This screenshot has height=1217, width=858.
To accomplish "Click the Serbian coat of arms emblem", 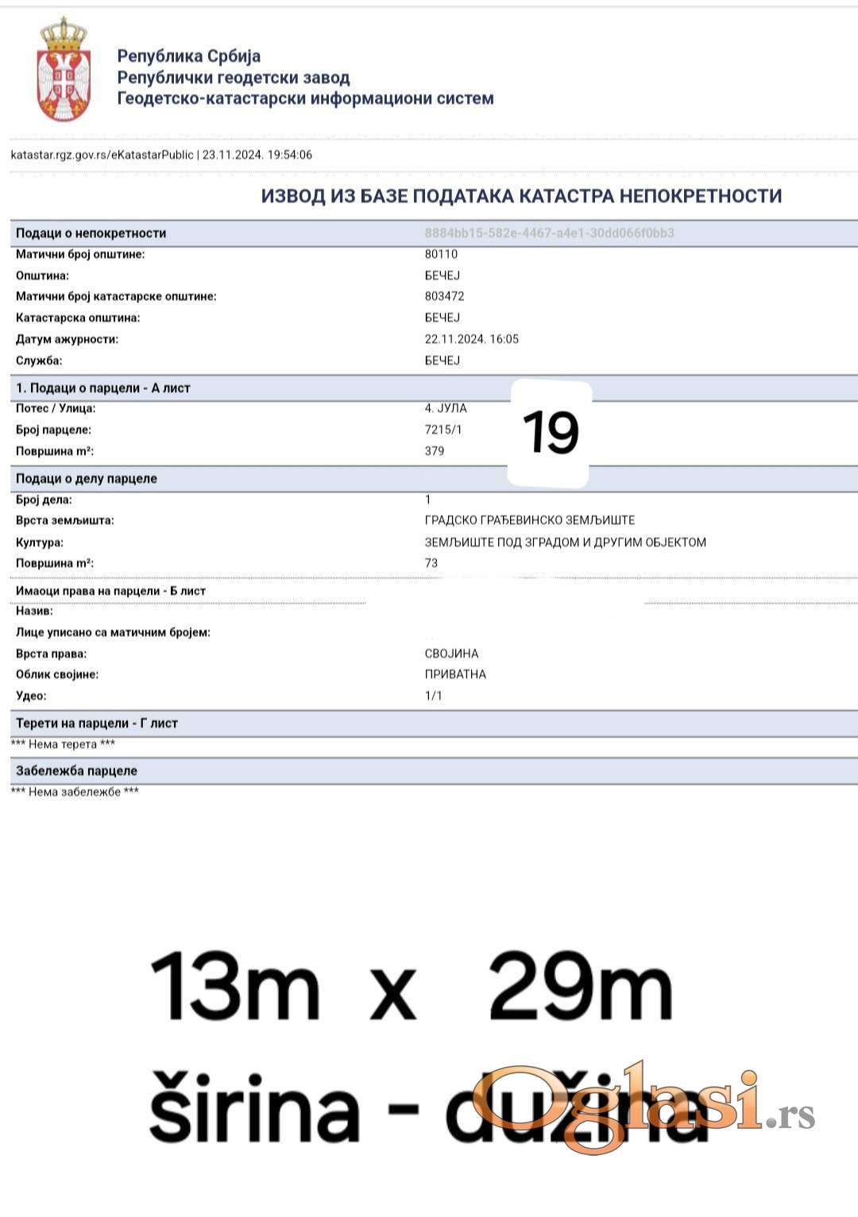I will pyautogui.click(x=64, y=71).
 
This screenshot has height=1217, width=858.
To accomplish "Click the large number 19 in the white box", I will pyautogui.click(x=551, y=433).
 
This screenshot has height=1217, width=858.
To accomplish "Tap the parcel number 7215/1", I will pyautogui.click(x=443, y=430).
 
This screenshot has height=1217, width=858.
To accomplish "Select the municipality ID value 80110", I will pyautogui.click(x=441, y=254).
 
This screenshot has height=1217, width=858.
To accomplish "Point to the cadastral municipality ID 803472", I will pyautogui.click(x=444, y=296).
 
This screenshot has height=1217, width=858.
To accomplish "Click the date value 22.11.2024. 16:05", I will pyautogui.click(x=471, y=339).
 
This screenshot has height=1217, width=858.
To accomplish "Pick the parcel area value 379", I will pyautogui.click(x=435, y=451).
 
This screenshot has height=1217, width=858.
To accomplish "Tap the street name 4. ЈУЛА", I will pyautogui.click(x=446, y=408).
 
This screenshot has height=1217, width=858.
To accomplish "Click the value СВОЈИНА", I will pyautogui.click(x=451, y=654).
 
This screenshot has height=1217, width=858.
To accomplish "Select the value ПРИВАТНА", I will pyautogui.click(x=455, y=674).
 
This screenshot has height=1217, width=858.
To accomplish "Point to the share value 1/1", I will pyautogui.click(x=434, y=696).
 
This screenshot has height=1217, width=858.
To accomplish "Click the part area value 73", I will pyautogui.click(x=431, y=563).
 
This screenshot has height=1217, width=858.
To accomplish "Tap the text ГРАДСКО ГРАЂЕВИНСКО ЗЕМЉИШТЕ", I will pyautogui.click(x=530, y=520).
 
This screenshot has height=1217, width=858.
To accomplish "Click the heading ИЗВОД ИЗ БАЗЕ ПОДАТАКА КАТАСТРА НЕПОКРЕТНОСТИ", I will pyautogui.click(x=521, y=196).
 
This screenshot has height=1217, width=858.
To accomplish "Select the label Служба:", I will pyautogui.click(x=39, y=361).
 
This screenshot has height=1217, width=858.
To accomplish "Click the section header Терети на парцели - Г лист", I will pyautogui.click(x=97, y=724).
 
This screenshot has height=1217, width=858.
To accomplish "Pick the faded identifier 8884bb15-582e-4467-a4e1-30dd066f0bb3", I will pyautogui.click(x=549, y=234).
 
